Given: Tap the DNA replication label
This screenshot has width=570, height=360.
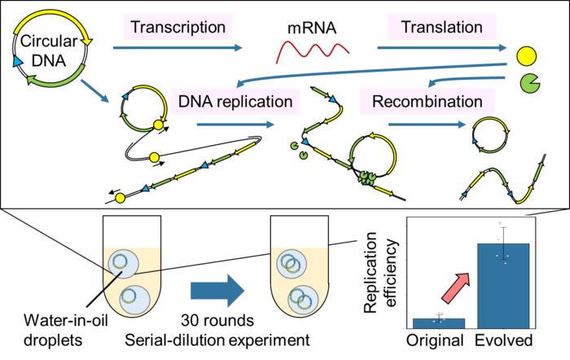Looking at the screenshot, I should (x=236, y=103).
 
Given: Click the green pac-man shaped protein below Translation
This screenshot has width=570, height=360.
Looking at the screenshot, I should (x=528, y=81).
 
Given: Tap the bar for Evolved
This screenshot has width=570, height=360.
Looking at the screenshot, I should (x=503, y=285).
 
